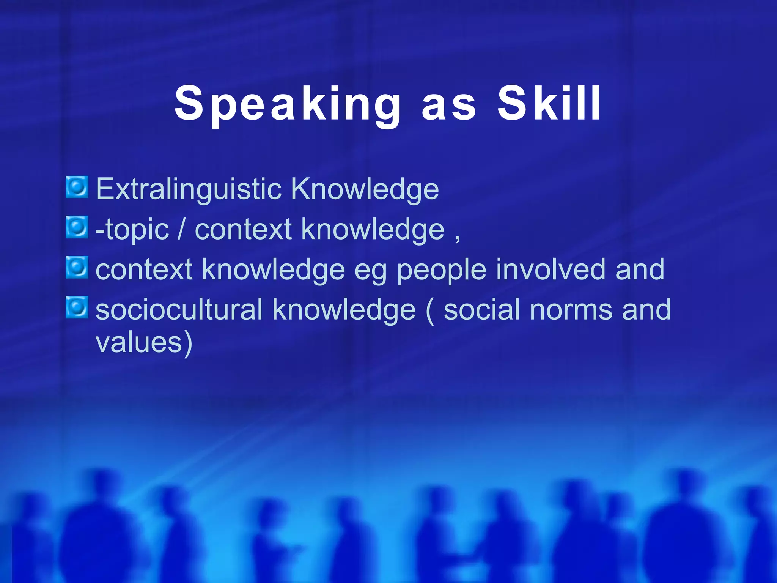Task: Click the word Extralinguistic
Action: point(189,189)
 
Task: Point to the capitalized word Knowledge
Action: point(365,189)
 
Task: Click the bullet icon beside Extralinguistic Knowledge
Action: point(77,187)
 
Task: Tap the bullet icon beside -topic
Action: point(77,227)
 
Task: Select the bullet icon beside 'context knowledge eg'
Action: point(77,268)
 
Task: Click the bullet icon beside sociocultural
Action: point(77,307)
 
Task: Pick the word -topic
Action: point(132,230)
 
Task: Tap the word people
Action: point(441,270)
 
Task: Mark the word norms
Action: point(571,310)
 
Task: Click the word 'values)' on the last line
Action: point(144,343)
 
